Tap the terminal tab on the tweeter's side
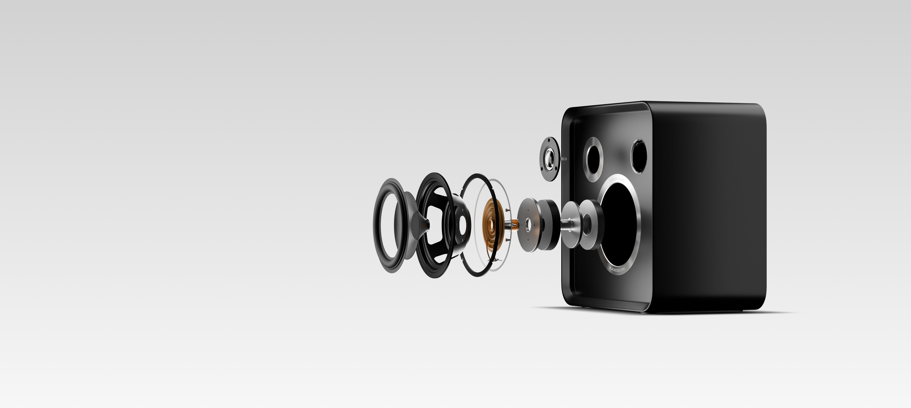pyautogui.click(x=564, y=159)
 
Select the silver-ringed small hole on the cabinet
pyautogui.click(x=593, y=159)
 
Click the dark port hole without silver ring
pyautogui.click(x=639, y=156)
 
